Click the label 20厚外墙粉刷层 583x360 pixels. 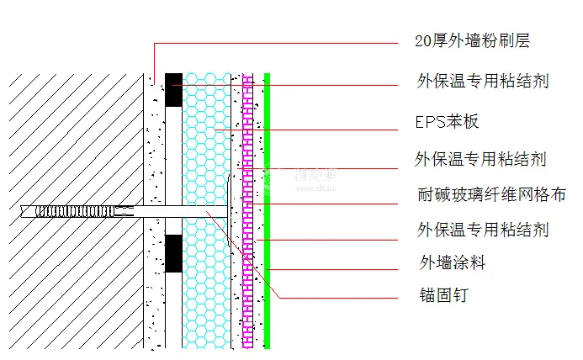(x=473, y=40)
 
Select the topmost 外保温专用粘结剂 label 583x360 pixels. (x=483, y=82)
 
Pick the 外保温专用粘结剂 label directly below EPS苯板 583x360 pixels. (x=482, y=158)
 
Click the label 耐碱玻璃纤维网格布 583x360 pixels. (x=491, y=194)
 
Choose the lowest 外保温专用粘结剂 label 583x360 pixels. (x=483, y=230)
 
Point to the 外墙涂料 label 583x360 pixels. (x=453, y=262)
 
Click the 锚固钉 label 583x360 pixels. (x=443, y=295)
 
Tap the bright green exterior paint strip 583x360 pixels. (x=267, y=210)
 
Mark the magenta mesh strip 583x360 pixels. (x=247, y=210)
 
